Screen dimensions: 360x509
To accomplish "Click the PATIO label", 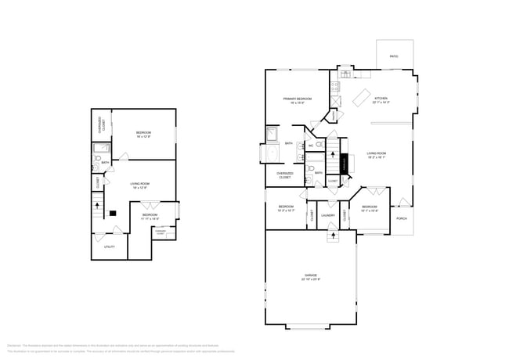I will [394, 56].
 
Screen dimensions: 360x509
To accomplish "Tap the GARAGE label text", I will [311, 275].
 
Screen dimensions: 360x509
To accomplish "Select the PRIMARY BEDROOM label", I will [298, 98].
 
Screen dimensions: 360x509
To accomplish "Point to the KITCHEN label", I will [381, 98].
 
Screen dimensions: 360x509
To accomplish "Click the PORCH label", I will [401, 218].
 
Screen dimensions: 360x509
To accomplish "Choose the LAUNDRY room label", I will [328, 215].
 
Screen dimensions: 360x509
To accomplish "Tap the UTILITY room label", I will [110, 247].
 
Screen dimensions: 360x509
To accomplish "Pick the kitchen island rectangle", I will [360, 98].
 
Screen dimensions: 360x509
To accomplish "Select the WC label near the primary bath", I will [311, 146].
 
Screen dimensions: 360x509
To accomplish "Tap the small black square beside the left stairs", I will [113, 212].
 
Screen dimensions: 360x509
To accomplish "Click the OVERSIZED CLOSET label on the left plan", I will [100, 124].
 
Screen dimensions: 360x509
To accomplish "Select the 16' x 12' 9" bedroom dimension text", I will [143, 137].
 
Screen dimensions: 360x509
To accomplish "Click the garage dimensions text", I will [311, 279].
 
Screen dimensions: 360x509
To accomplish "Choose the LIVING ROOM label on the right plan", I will [377, 153].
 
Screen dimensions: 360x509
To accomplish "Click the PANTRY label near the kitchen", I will [332, 115].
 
